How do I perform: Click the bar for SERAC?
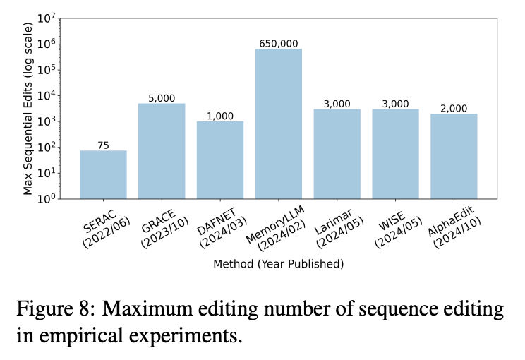pyautogui.click(x=103, y=175)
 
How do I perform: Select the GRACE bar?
pyautogui.click(x=162, y=152)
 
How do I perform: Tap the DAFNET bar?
pyautogui.click(x=220, y=160)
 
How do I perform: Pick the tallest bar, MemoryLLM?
pyautogui.click(x=279, y=124)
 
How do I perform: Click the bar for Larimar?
pyautogui.click(x=337, y=154)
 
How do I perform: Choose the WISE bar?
pyautogui.click(x=396, y=154)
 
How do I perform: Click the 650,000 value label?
pyautogui.click(x=279, y=43)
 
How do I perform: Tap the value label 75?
pyautogui.click(x=103, y=145)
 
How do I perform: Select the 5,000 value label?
pyautogui.click(x=162, y=98)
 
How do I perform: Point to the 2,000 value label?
pyautogui.click(x=454, y=108)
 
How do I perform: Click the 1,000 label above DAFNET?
pyautogui.click(x=220, y=116)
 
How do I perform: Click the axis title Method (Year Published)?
pyautogui.click(x=279, y=264)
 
